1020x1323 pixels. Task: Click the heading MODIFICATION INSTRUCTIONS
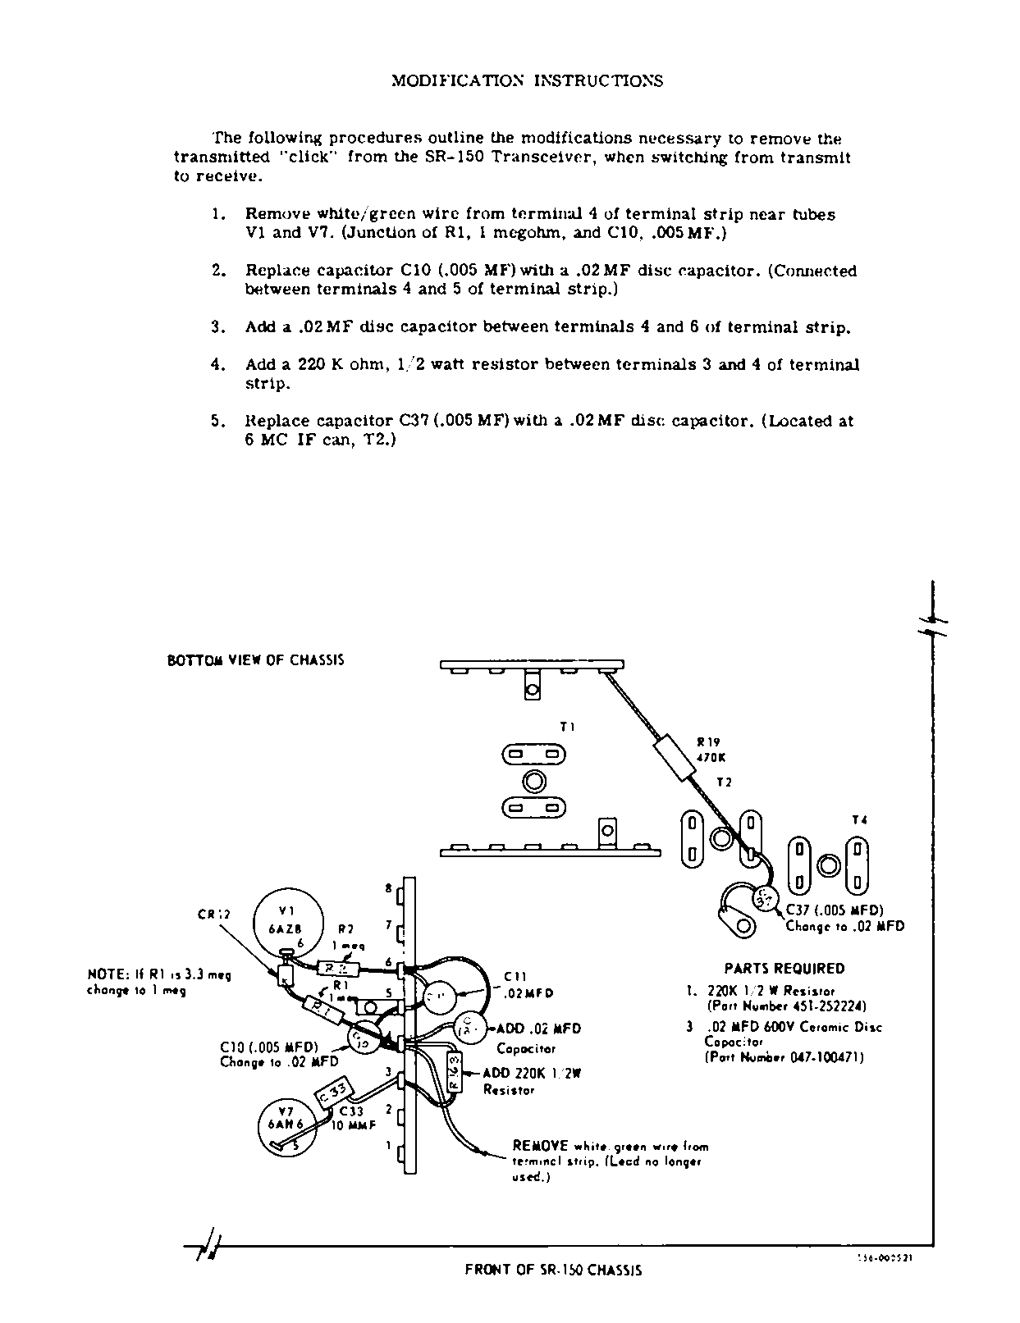[x=527, y=80]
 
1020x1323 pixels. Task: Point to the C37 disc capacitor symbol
[x=763, y=900]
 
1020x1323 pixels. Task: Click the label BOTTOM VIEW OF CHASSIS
[x=255, y=660]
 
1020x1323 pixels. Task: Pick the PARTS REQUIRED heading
[x=784, y=969]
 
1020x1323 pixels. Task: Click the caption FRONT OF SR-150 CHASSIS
[x=553, y=1270]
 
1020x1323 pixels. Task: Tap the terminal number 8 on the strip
[x=389, y=888]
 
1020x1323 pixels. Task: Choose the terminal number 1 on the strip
[x=389, y=1146]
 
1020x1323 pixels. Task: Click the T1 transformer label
[x=567, y=726]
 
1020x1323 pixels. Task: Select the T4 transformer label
[x=859, y=819]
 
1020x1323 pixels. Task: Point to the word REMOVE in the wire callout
[x=541, y=1145]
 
